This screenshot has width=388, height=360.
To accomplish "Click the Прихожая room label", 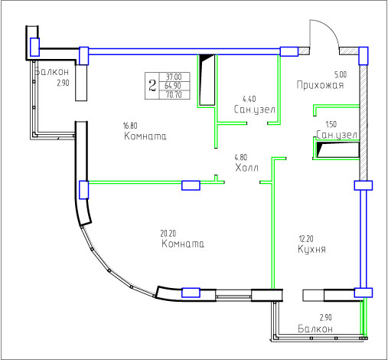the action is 320,85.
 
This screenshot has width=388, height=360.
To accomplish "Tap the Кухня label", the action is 311,249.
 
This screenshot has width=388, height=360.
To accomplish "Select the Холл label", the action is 246,168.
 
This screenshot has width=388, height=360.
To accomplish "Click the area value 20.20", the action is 168,234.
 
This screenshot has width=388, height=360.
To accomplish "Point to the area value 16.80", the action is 130,126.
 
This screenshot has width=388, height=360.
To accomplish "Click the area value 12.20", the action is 306,239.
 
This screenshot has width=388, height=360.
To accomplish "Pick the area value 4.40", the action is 249,99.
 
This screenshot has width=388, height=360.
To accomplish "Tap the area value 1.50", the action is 331,124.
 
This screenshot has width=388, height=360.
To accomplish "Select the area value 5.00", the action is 341,74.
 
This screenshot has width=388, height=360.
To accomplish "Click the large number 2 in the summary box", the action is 152,86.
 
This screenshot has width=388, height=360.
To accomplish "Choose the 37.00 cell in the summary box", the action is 174,77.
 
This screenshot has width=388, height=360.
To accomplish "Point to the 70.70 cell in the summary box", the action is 174,95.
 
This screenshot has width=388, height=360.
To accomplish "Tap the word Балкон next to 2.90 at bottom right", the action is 315,329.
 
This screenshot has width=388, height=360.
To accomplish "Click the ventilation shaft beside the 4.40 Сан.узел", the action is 207,80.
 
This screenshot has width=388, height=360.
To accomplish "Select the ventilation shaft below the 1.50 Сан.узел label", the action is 337,150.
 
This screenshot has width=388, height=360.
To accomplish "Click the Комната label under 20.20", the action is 183,244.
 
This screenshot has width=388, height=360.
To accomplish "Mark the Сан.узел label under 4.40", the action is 255,110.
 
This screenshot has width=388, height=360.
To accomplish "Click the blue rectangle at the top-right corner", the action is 364,56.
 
